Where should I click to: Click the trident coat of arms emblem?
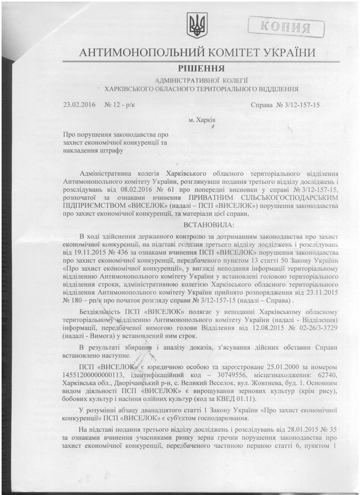[194, 25]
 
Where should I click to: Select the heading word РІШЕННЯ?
[202, 69]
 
